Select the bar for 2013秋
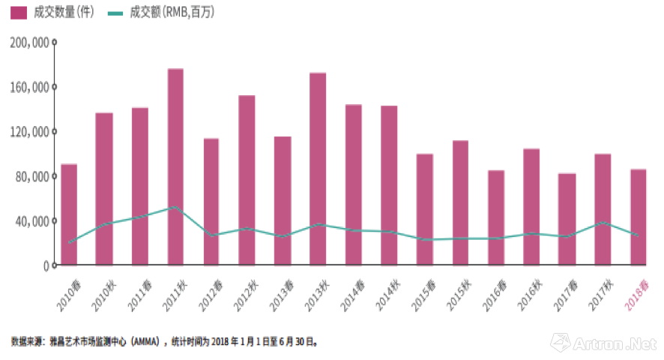[x=318, y=169]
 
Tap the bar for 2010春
[x=69, y=214]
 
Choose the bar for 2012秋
[x=247, y=180]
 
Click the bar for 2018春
[x=639, y=217]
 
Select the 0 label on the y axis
[x=45, y=265]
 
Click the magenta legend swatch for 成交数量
[x=19, y=13]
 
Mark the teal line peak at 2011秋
[x=175, y=207]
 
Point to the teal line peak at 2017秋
[x=603, y=222]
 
